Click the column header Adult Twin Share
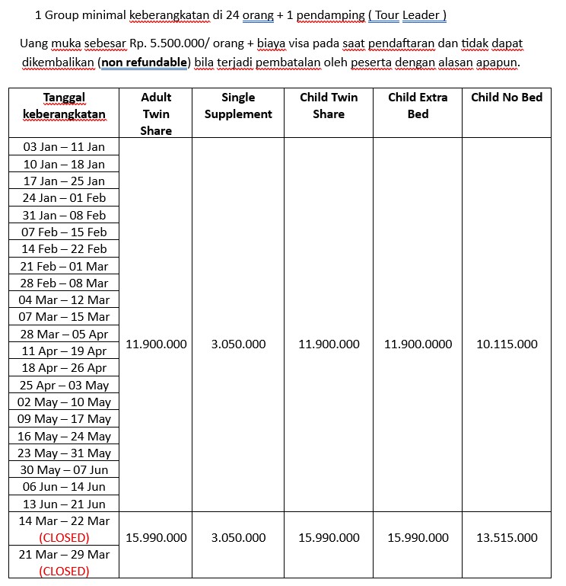pyautogui.click(x=156, y=114)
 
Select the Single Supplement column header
pyautogui.click(x=238, y=106)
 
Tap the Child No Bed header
pyautogui.click(x=507, y=98)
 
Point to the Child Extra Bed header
pyautogui.click(x=418, y=106)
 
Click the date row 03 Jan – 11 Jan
pyautogui.click(x=64, y=147)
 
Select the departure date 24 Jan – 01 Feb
pyautogui.click(x=64, y=198)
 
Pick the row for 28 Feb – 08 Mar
pyautogui.click(x=64, y=283)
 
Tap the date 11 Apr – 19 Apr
pyautogui.click(x=64, y=351)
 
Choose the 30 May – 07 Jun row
pyautogui.click(x=64, y=470)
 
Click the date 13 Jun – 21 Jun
pyautogui.click(x=64, y=504)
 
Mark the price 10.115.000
pyautogui.click(x=507, y=344)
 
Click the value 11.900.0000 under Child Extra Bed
pyautogui.click(x=418, y=344)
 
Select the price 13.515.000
pyautogui.click(x=507, y=538)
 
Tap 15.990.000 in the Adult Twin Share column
pyautogui.click(x=156, y=538)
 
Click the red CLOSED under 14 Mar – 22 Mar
pyautogui.click(x=64, y=538)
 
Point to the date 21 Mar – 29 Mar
pyautogui.click(x=64, y=555)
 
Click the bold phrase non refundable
pyautogui.click(x=145, y=62)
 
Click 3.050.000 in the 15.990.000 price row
pyautogui.click(x=238, y=538)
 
